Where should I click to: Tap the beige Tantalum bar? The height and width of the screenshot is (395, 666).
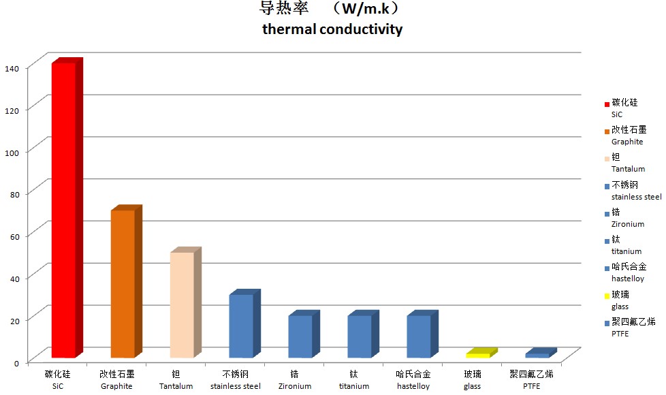(182, 304)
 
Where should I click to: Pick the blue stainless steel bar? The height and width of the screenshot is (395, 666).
(241, 326)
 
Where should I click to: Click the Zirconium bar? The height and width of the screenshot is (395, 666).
(300, 336)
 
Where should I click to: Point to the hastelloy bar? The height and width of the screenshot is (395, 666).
(419, 336)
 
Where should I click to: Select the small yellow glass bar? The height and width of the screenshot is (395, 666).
(477, 355)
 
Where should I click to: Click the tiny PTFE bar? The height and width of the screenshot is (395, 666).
(537, 355)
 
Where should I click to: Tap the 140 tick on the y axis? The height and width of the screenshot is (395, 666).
(13, 67)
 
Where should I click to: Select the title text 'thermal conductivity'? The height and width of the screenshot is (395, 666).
(332, 29)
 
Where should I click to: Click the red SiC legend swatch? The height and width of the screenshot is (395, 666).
(607, 104)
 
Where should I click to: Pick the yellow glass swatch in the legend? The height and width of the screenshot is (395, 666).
(607, 296)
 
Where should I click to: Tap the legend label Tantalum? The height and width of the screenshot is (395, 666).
(628, 169)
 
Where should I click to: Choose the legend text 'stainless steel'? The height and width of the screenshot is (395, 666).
(636, 197)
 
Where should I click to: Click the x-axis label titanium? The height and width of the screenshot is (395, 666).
(354, 386)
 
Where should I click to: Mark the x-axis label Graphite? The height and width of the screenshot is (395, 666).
(116, 386)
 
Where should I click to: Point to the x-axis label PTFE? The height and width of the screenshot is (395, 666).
(531, 386)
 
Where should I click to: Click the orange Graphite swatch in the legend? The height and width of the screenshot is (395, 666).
(607, 131)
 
